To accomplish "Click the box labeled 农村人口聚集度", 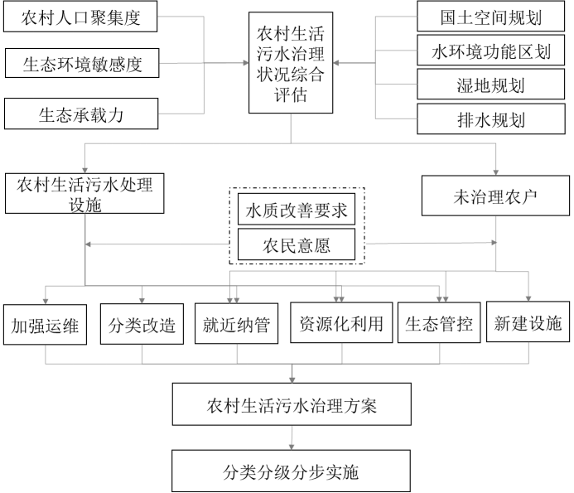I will tap(80, 17).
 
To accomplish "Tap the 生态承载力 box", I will tap(80, 114).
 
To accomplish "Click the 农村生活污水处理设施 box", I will tap(84, 194).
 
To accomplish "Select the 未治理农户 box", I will tap(496, 196).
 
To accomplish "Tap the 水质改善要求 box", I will tap(296, 210).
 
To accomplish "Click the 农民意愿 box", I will tap(296, 245).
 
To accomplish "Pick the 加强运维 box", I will tap(45, 325).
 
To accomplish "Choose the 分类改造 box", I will tap(142, 325).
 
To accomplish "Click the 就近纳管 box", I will tap(237, 325).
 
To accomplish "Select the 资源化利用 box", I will tap(341, 323).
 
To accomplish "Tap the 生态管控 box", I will tap(438, 323).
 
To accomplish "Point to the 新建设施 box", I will tap(528, 323).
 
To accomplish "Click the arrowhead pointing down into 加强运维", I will tap(45, 299).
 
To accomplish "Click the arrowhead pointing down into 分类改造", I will tap(142, 299).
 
